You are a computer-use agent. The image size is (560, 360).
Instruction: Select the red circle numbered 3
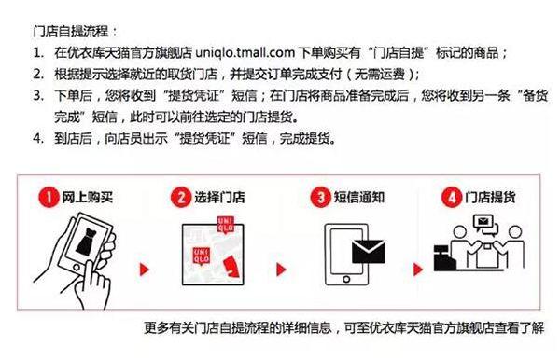click(321, 197)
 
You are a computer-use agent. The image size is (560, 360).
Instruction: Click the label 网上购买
click(85, 197)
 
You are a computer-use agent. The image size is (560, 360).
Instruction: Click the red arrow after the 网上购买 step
click(146, 271)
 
